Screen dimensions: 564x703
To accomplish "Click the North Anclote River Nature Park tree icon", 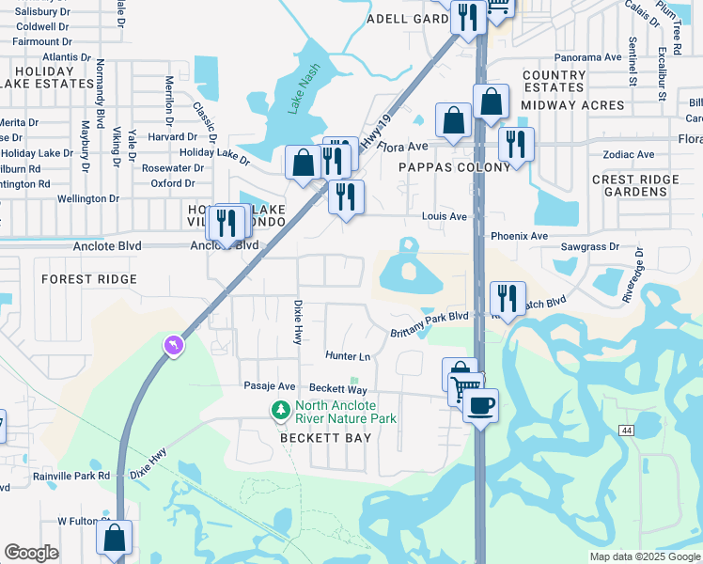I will click(x=280, y=410).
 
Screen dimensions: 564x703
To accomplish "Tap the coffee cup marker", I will click(x=480, y=406).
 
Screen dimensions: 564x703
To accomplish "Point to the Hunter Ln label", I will click(x=348, y=356).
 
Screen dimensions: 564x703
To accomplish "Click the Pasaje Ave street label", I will click(x=270, y=386).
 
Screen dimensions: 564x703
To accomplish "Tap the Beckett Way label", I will click(x=337, y=388).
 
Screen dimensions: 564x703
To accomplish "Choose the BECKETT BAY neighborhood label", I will click(x=325, y=438).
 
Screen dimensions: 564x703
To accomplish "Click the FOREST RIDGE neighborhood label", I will click(x=89, y=279).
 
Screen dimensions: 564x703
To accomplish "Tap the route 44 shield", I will click(x=625, y=430).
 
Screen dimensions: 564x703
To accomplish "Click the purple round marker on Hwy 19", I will click(x=173, y=347).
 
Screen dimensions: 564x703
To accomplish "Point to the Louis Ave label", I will click(x=445, y=216).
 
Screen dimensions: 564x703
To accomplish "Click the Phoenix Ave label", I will click(x=519, y=236).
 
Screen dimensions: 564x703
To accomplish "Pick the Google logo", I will click(x=32, y=552).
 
